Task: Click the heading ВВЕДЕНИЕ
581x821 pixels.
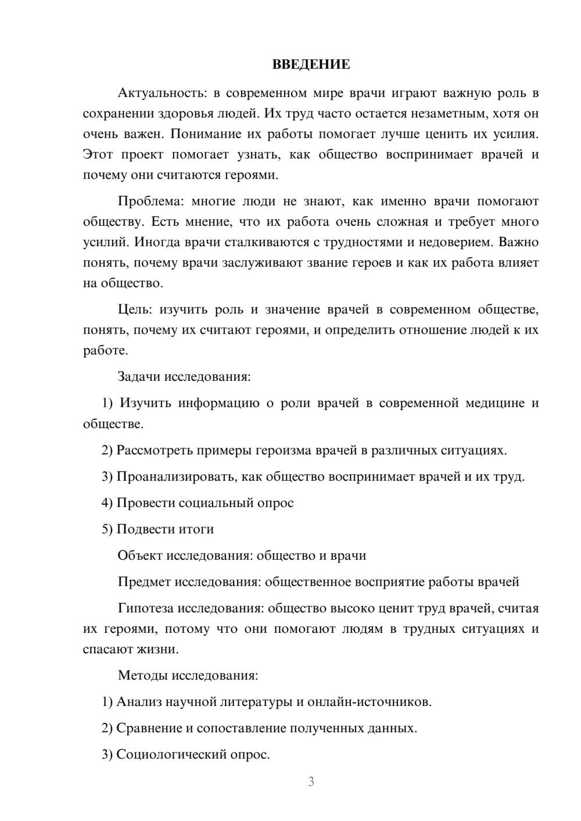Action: point(311,64)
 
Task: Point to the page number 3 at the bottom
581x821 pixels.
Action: point(311,782)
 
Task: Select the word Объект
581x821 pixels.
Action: point(140,556)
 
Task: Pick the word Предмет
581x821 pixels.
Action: point(144,582)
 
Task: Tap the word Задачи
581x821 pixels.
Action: point(139,377)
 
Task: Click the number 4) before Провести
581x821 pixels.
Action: point(107,503)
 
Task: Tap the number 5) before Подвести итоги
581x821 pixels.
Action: point(107,529)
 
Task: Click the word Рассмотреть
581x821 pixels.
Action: point(155,451)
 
